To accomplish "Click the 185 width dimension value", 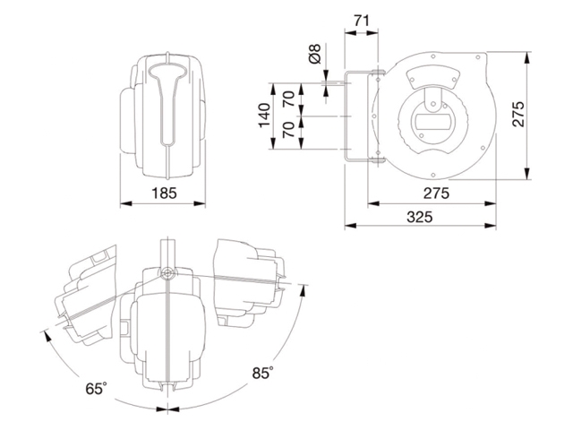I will [164, 192].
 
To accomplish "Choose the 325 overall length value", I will [419, 216].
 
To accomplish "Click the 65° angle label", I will [97, 389].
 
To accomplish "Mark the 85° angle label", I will [261, 373].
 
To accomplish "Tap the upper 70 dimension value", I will [288, 99].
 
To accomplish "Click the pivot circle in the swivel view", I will [166, 272].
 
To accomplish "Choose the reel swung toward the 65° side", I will [85, 300].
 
